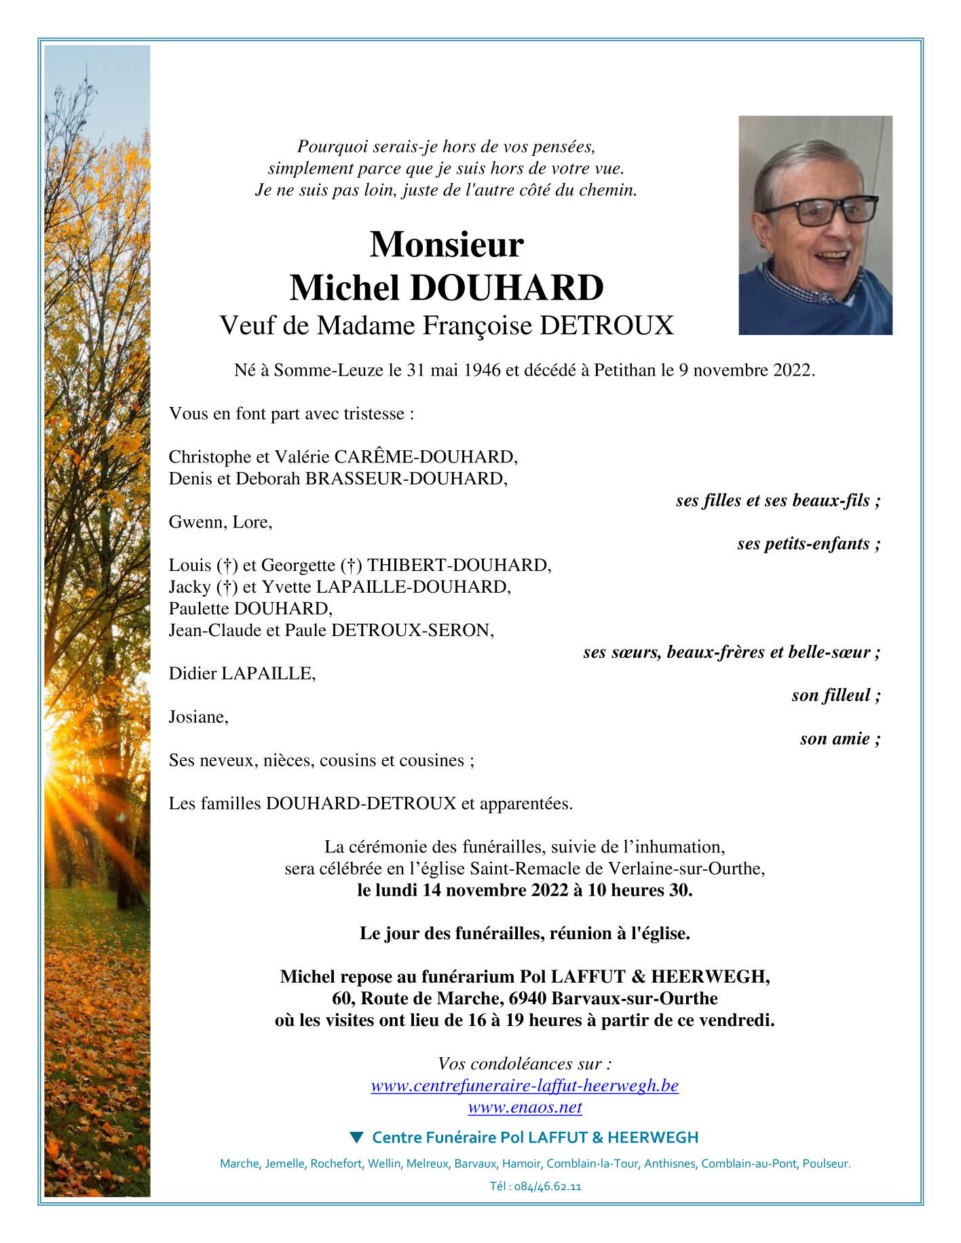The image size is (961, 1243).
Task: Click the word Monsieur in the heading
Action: [447, 244]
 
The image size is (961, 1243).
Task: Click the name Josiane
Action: [197, 717]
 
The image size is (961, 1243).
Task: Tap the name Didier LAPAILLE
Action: [242, 674]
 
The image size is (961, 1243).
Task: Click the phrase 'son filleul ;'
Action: [835, 696]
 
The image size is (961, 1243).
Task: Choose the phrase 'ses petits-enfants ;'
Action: [808, 544]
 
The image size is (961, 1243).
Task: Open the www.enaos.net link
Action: [525, 1107]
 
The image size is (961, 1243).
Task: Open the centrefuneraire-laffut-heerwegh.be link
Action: [525, 1086]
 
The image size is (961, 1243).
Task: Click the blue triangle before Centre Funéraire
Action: [356, 1137]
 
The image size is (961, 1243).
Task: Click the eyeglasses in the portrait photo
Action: [822, 212]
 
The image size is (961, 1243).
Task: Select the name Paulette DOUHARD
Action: [250, 609]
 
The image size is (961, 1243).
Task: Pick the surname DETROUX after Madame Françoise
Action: [606, 326]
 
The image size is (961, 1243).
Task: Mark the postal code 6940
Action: [527, 999]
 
